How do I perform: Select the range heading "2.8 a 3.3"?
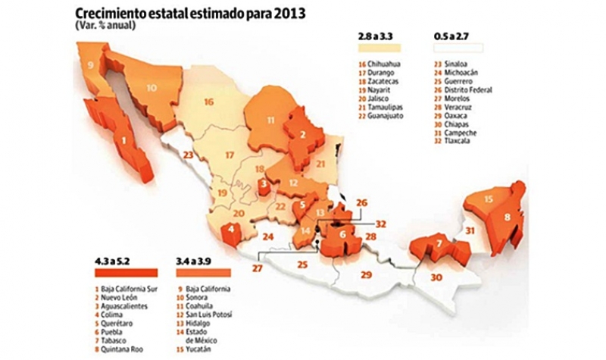(374, 35)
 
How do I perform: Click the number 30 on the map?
(436, 277)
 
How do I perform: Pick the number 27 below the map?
(257, 268)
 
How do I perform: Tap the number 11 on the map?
(269, 120)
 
